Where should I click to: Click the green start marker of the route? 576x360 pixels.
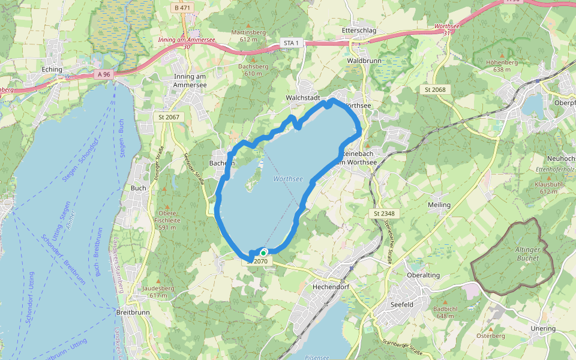[x=263, y=253]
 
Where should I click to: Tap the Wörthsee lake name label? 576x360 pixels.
[x=288, y=179]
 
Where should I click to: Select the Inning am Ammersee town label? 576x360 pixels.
[x=190, y=80]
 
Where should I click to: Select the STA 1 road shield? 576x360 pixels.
[x=291, y=43]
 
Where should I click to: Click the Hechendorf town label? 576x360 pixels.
[x=331, y=287]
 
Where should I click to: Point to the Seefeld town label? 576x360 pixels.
[x=402, y=305]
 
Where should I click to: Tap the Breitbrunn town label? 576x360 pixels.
[x=132, y=312]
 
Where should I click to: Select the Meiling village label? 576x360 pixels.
[x=439, y=205]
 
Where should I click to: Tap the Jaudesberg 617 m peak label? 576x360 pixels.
[x=154, y=292]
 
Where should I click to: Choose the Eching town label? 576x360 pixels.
[x=52, y=70]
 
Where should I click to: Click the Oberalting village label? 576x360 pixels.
[x=424, y=275]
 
